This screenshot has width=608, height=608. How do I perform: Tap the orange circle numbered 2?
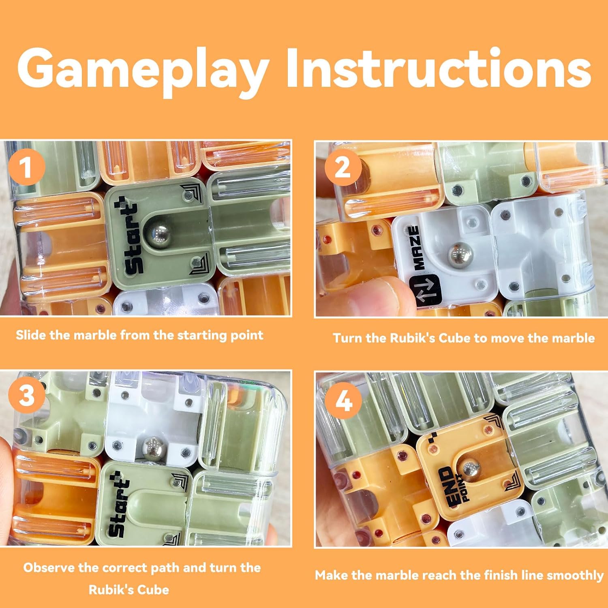tap(343, 167)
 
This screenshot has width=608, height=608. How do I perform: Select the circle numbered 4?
tap(344, 401)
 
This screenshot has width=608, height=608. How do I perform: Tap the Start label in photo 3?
tap(118, 504)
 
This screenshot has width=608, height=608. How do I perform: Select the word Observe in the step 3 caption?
tap(49, 567)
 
